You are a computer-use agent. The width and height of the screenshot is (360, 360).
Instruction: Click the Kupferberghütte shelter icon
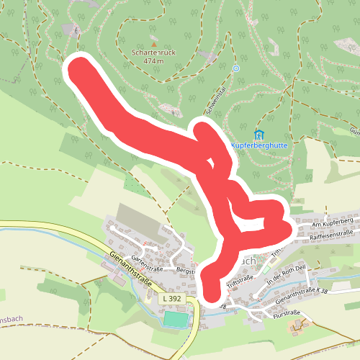259,134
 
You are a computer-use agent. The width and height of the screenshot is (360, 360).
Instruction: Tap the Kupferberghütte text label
259,145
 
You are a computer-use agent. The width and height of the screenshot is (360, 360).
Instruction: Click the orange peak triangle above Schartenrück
153,43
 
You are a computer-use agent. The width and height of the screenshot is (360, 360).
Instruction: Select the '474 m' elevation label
153,61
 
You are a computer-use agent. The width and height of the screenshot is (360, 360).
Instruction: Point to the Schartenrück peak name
153,53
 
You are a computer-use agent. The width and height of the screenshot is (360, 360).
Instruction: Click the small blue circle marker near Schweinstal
235,68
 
